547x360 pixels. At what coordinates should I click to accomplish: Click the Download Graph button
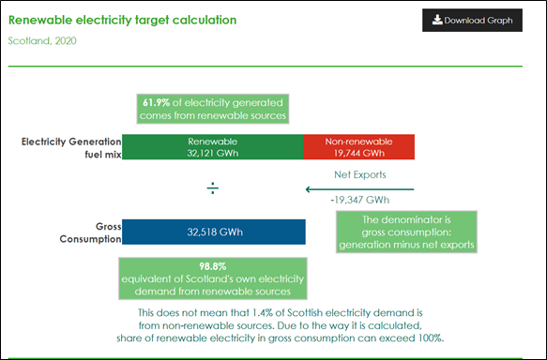pos(472,21)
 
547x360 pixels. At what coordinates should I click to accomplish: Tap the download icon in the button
pos(437,20)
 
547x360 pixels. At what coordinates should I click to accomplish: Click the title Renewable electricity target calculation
pos(123,21)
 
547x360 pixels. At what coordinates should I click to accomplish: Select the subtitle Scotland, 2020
pos(42,41)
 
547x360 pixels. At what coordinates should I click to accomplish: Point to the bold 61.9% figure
pos(156,103)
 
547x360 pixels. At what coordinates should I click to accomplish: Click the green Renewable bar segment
pos(213,147)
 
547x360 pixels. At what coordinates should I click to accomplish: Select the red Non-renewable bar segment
pos(359,147)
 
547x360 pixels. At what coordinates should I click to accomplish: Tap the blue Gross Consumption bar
pos(214,232)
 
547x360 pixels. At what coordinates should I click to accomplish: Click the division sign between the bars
pos(213,188)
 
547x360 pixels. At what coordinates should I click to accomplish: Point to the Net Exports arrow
pos(359,189)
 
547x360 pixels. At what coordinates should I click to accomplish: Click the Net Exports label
pos(360,174)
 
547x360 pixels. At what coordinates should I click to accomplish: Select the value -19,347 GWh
pos(360,200)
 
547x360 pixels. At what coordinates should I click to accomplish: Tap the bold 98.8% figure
pos(213,266)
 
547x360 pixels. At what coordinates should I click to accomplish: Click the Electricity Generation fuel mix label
pos(71,148)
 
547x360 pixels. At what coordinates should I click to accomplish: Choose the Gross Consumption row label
pos(90,232)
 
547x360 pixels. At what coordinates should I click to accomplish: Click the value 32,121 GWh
pos(213,154)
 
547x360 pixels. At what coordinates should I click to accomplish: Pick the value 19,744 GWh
pos(359,154)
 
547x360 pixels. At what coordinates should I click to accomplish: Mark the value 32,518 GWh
pos(215,232)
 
